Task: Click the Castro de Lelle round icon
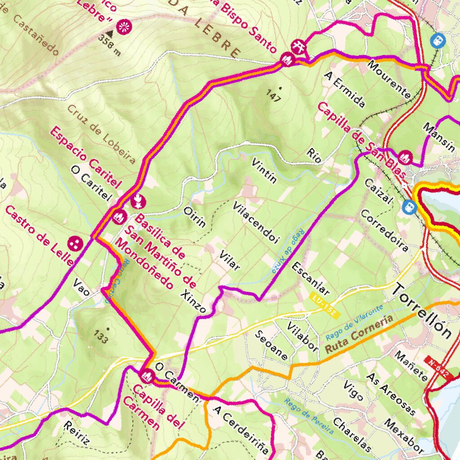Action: tap(75, 244)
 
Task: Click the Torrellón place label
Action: tap(422, 310)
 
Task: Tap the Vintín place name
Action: tap(264, 171)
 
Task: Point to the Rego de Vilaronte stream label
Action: tap(354, 322)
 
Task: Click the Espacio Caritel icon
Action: tap(138, 202)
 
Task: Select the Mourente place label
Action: tap(389, 79)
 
